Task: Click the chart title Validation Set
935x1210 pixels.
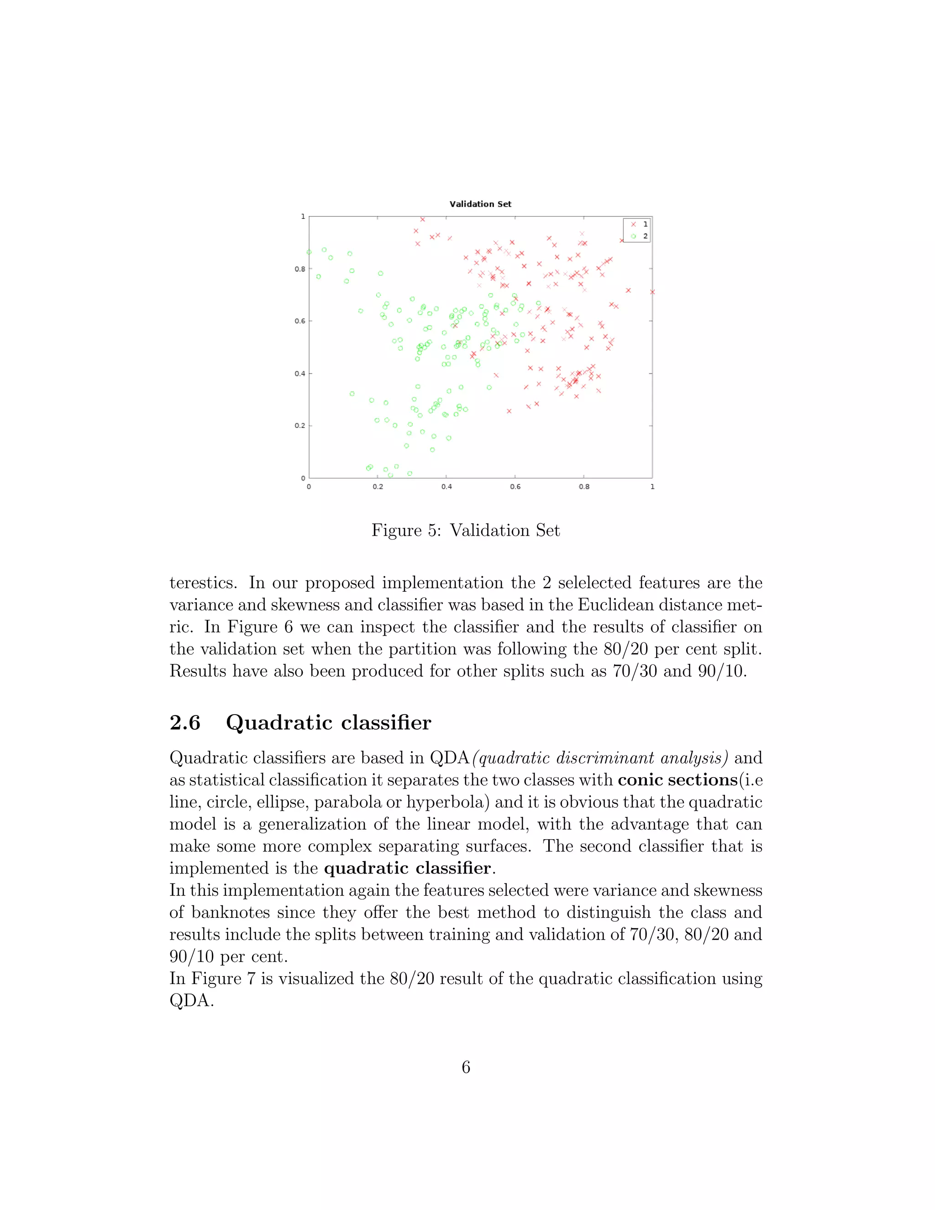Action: tap(480, 204)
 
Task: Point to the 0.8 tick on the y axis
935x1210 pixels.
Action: tap(299, 269)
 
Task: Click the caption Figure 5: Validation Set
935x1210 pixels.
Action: tap(465, 530)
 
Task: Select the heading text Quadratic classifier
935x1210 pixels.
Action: tap(328, 722)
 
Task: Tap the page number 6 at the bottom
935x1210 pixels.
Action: tap(466, 1067)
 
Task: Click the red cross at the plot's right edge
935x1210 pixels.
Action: tap(652, 292)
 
